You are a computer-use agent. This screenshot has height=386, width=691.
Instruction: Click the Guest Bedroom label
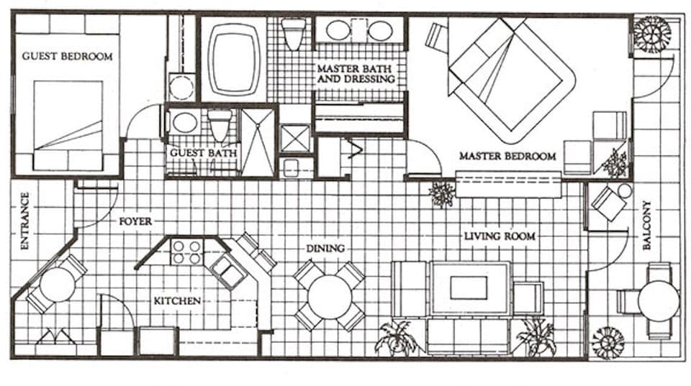[x=67, y=56]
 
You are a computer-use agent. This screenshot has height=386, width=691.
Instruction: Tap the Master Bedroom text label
[x=507, y=156]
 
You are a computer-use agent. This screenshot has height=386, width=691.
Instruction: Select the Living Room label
[x=499, y=236]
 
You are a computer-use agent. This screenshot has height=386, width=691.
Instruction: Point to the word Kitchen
[x=176, y=300]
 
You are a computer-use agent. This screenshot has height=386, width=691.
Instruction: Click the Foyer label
[x=135, y=221]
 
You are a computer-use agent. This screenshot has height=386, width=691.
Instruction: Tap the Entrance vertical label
[x=24, y=221]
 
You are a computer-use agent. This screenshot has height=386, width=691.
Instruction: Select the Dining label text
[x=325, y=248]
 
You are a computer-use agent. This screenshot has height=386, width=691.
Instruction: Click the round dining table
[x=329, y=295]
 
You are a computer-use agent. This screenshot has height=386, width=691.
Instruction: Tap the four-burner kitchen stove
[x=186, y=252]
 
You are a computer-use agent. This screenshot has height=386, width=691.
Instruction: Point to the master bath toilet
[x=293, y=35]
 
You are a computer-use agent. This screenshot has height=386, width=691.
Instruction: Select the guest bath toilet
[x=220, y=124]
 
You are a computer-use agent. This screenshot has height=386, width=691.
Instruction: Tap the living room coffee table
[x=469, y=288]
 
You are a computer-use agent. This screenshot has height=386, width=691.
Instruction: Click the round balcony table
[x=657, y=300]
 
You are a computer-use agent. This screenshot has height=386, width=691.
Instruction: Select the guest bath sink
[x=184, y=122]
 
